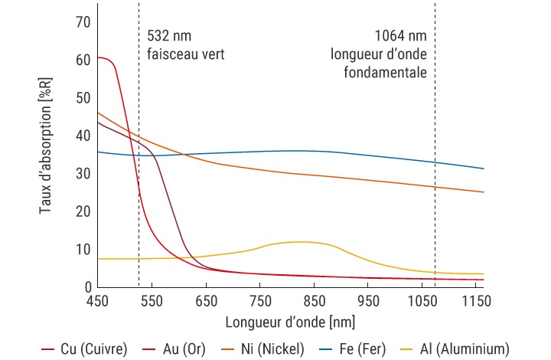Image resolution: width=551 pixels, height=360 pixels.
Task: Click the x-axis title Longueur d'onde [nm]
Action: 290,320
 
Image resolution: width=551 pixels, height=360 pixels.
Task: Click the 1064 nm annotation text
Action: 400,36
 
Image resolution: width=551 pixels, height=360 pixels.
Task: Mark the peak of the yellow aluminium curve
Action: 298,242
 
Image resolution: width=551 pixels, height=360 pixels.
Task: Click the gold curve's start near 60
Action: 99,57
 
